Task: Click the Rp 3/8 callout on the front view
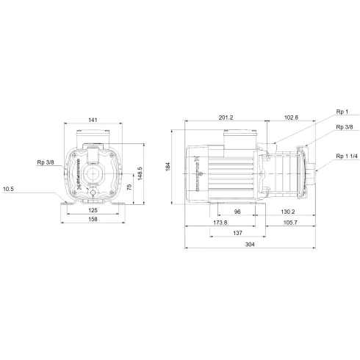45,162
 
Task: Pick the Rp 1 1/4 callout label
345,156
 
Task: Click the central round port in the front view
93,176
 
